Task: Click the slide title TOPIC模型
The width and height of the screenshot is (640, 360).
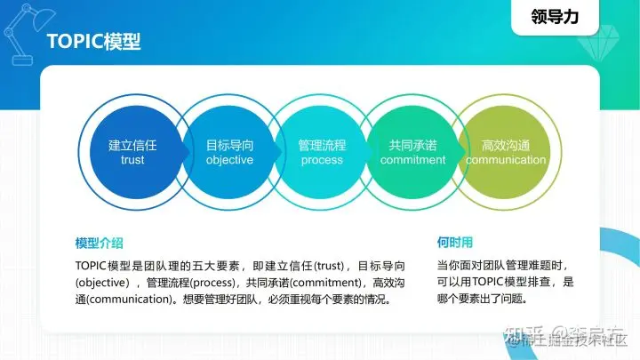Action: click(x=92, y=43)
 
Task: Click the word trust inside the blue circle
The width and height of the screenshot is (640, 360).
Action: click(x=132, y=161)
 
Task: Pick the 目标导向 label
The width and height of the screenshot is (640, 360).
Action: click(x=229, y=144)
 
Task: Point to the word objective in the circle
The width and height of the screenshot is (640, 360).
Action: click(x=229, y=161)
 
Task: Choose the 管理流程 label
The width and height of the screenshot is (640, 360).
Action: click(x=322, y=144)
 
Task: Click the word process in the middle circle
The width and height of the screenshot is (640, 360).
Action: click(x=322, y=161)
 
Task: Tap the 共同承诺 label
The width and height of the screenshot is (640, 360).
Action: click(x=412, y=144)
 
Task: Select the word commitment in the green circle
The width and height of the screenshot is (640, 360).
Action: click(x=412, y=161)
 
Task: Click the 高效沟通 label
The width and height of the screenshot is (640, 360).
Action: click(x=506, y=144)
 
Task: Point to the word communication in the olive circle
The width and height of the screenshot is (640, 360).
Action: click(x=506, y=161)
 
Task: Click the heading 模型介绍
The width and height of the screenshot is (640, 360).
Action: click(x=99, y=243)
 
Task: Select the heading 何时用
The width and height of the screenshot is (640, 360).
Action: click(x=455, y=242)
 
